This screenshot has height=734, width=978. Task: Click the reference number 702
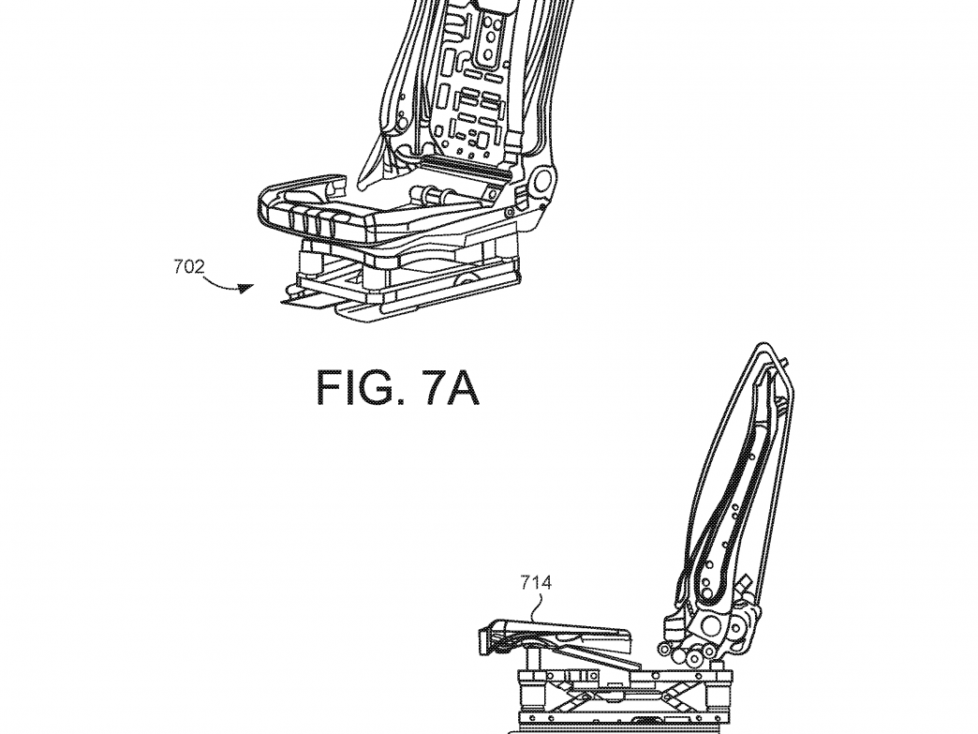tap(189, 267)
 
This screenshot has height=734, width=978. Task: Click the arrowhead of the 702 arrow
tap(247, 289)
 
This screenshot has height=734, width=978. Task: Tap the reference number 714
tap(536, 583)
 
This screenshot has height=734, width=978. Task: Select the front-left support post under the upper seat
tap(309, 261)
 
